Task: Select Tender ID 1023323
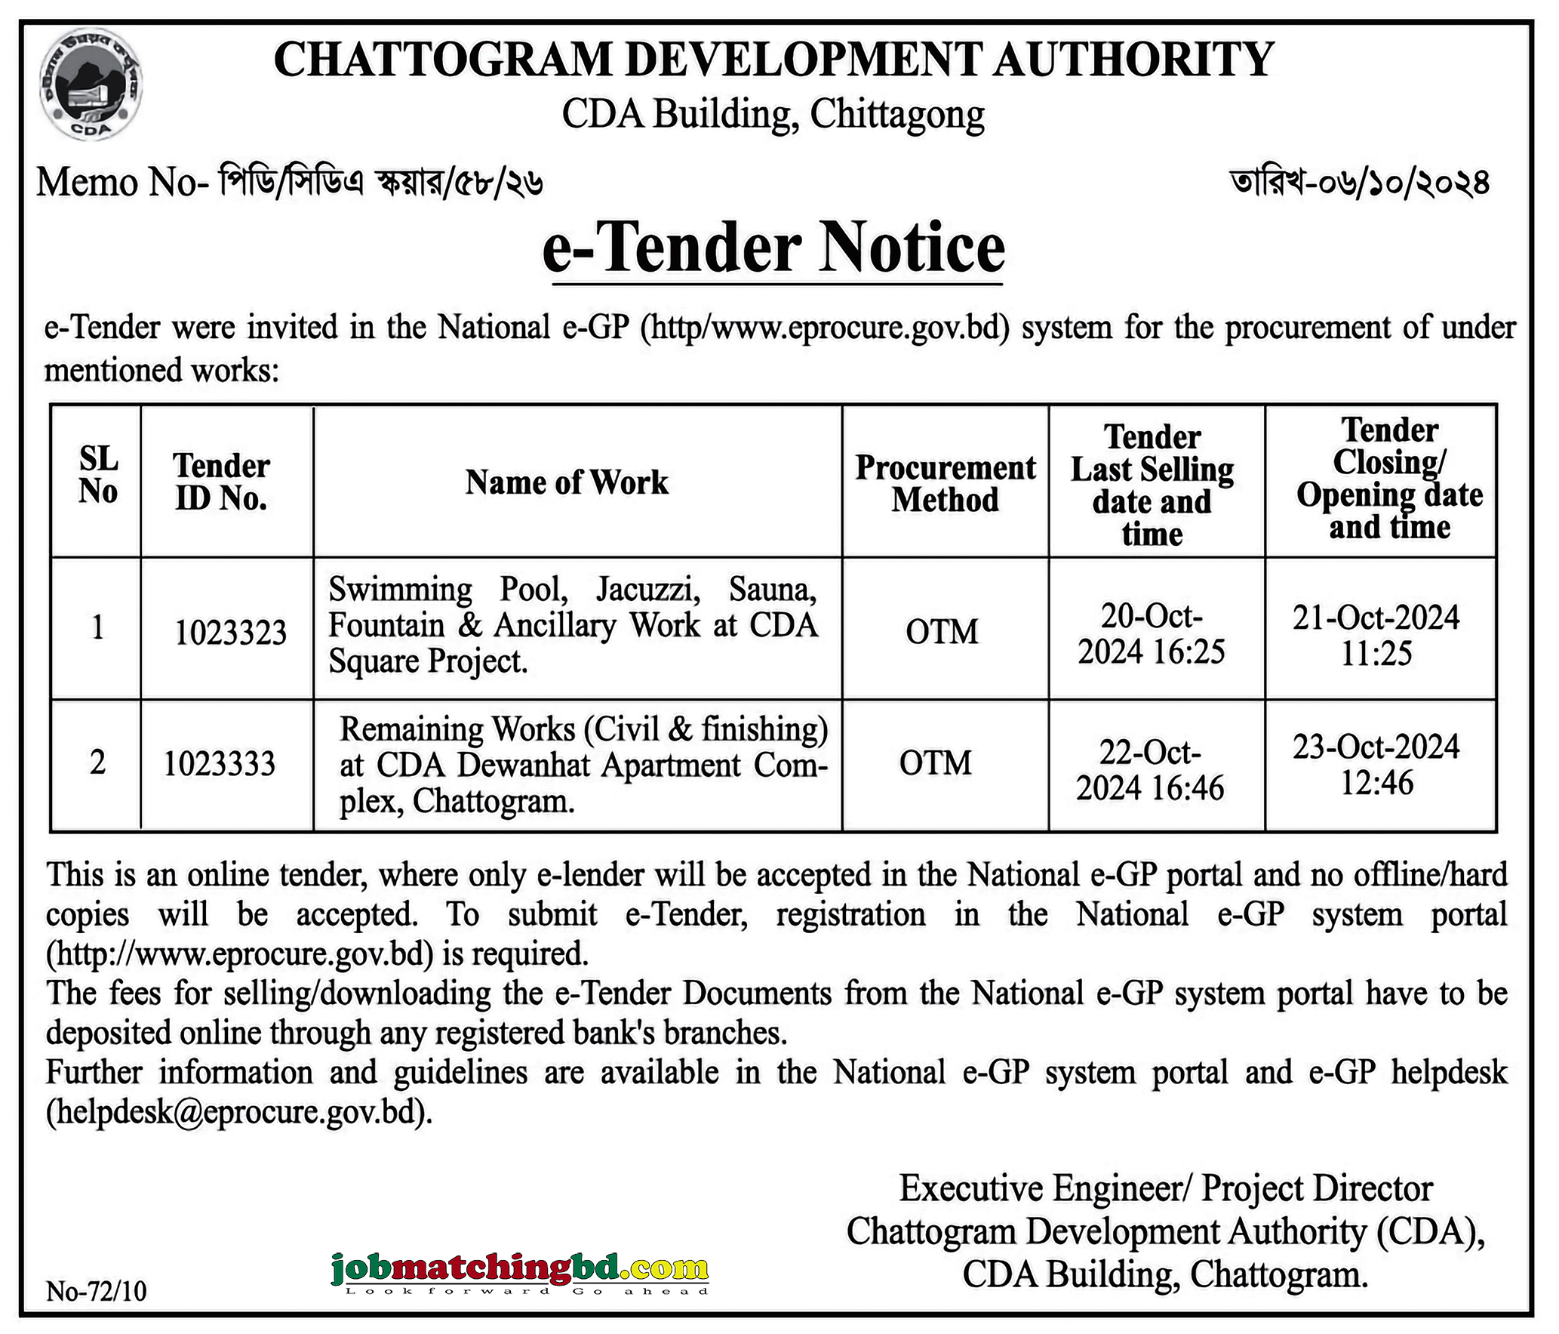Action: (231, 632)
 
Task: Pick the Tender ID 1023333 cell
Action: (220, 763)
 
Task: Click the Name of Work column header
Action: (567, 482)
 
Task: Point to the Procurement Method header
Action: (946, 483)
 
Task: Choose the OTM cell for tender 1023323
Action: (942, 631)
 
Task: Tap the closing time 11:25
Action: (1376, 653)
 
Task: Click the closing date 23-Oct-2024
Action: (1376, 747)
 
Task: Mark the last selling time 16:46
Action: (1186, 787)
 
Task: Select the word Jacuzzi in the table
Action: (647, 590)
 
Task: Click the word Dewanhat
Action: (524, 765)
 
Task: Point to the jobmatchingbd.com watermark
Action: (520, 1270)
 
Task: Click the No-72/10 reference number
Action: (97, 1291)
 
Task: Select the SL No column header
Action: (98, 475)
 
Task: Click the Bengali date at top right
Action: (1360, 183)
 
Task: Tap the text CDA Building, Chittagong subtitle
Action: (773, 115)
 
